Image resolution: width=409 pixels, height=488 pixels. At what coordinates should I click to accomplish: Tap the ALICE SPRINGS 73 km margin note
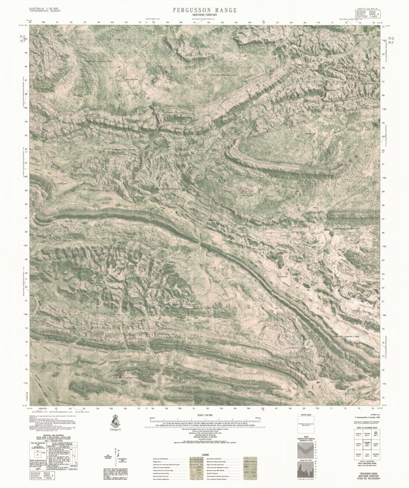click(38, 411)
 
